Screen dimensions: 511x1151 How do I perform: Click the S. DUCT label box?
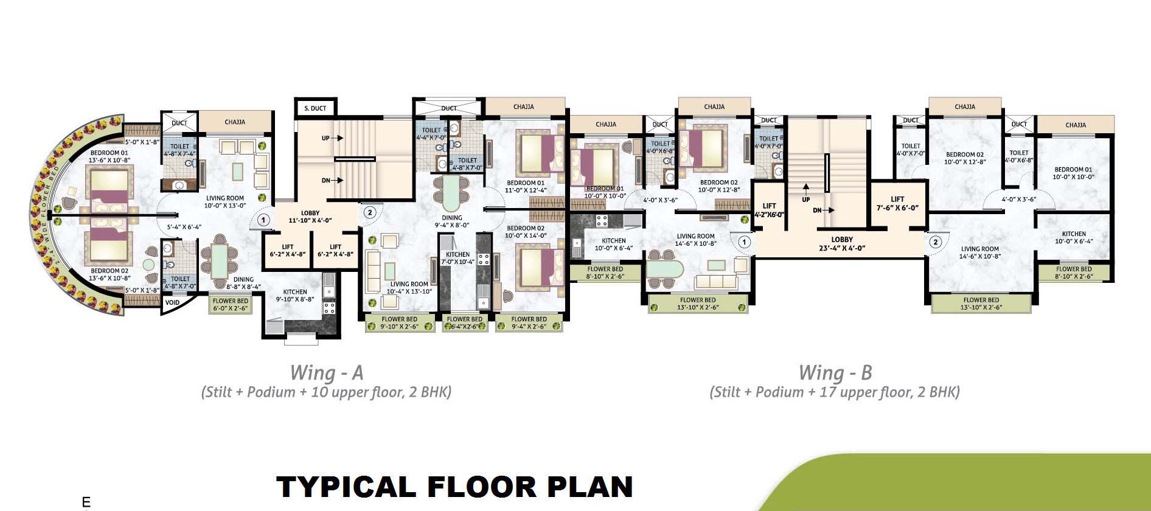pos(315,108)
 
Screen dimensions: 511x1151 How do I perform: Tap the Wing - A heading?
pos(326,372)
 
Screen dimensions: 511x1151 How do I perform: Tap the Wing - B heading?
pos(835,372)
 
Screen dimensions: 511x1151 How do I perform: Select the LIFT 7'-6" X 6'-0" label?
pos(897,203)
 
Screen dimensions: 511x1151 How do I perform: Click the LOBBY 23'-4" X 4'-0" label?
pos(842,243)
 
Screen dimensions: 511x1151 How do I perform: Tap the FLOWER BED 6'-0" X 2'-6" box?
pos(230,305)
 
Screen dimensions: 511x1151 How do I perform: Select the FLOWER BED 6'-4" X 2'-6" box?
pos(465,323)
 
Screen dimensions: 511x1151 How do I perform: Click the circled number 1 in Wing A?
pos(263,220)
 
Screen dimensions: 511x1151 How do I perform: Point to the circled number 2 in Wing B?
pos(935,242)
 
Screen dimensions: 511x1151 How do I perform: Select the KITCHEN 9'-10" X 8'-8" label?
pos(295,296)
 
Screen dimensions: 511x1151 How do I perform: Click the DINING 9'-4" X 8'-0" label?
pos(451,221)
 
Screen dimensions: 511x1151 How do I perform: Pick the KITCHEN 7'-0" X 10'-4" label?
pos(457,258)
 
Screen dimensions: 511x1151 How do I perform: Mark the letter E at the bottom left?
pos(86,502)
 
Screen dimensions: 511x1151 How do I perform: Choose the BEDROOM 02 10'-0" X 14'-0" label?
pos(526,231)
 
